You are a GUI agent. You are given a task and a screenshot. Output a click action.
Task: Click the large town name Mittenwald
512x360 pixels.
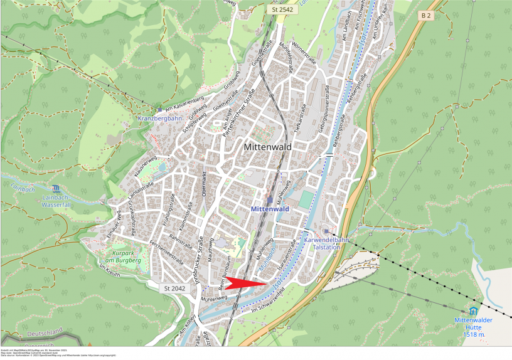click(267, 147)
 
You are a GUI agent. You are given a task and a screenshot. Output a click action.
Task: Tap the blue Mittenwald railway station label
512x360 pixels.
click(269, 208)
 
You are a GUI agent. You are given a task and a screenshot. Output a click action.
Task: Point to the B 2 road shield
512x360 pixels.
click(427, 15)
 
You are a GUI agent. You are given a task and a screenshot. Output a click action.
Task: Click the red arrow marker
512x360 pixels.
click(246, 283)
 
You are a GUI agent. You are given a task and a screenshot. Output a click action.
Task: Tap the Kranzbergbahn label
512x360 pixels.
click(160, 118)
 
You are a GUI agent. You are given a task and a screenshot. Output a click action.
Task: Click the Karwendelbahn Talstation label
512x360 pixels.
click(326, 243)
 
